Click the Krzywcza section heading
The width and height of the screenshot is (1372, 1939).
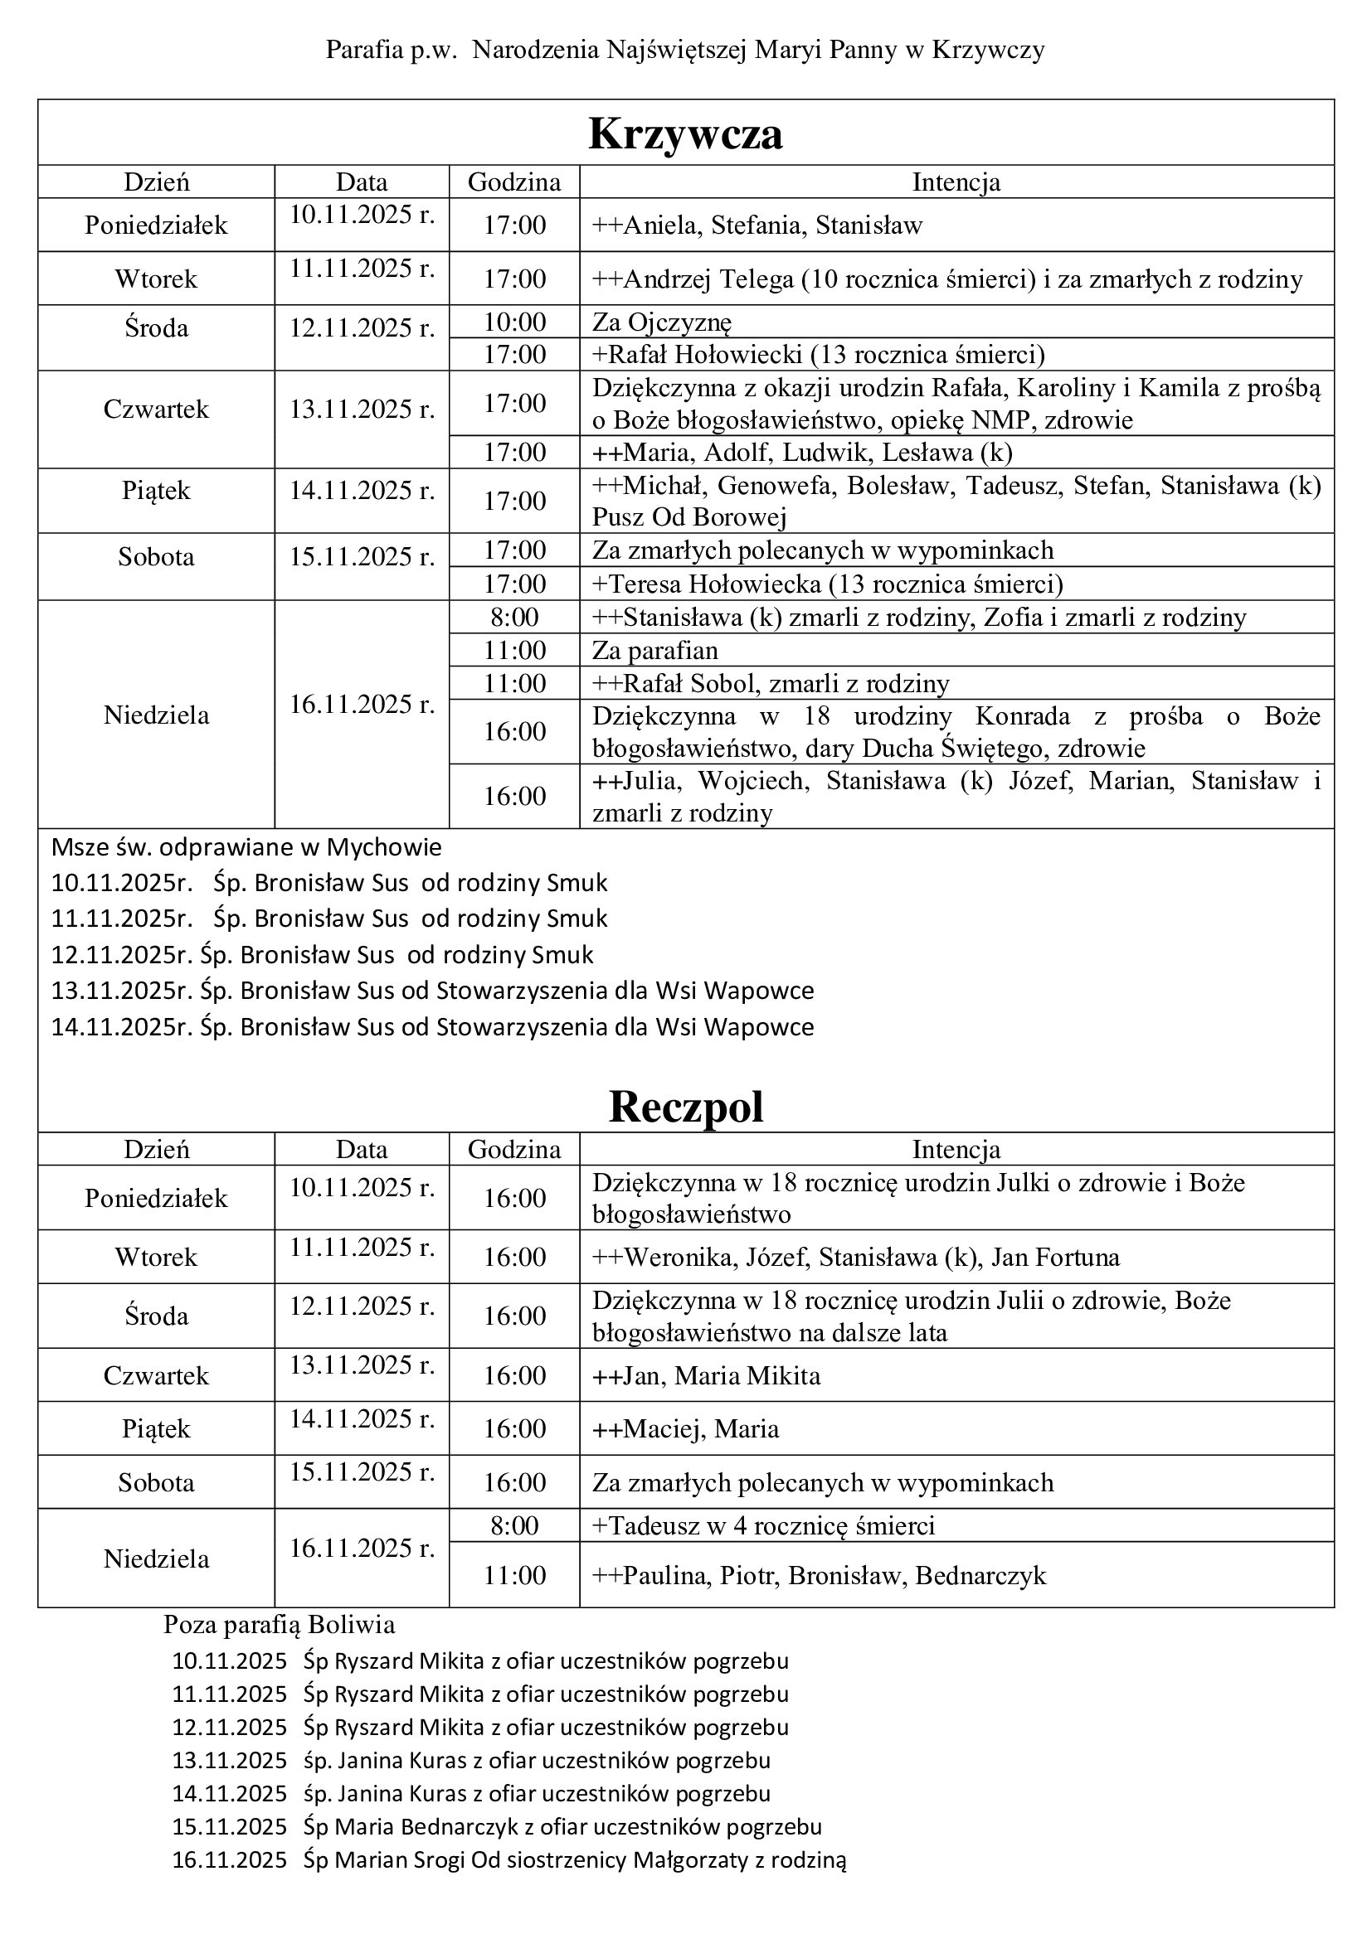(685, 133)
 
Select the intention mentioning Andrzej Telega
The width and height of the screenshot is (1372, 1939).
(947, 279)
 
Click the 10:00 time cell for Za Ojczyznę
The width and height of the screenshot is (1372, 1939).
(514, 322)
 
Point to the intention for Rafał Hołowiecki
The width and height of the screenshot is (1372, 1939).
(819, 354)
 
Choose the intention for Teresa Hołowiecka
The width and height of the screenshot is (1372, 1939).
(827, 584)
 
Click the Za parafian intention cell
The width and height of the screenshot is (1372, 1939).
(655, 650)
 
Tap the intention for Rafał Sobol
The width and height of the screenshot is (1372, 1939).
(771, 683)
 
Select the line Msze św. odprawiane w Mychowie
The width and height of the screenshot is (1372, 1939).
(246, 846)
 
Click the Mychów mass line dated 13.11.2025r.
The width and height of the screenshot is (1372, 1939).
(432, 990)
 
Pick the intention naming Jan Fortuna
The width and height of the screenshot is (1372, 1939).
(856, 1257)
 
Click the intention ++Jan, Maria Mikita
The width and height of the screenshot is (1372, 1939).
(706, 1376)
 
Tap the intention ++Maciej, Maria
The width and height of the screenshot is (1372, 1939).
(685, 1428)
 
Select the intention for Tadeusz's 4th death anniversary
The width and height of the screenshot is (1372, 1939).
(763, 1525)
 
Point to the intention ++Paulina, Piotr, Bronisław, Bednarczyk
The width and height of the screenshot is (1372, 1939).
(819, 1575)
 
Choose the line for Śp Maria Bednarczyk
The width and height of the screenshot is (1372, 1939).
(497, 1827)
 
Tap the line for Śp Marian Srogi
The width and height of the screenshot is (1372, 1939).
(508, 1859)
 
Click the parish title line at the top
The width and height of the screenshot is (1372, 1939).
(685, 51)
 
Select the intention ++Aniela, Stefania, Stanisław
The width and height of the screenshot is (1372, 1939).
(757, 225)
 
